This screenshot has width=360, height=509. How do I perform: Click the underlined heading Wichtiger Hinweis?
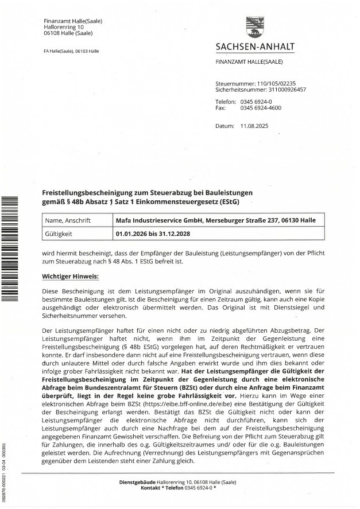(x=70, y=277)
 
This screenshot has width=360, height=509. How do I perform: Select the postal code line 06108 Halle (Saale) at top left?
(x=68, y=33)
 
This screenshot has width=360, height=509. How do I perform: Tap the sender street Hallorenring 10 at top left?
(x=63, y=27)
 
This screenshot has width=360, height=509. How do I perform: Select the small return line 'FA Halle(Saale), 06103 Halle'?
(x=71, y=51)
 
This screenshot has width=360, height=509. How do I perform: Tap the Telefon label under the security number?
(x=225, y=101)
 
